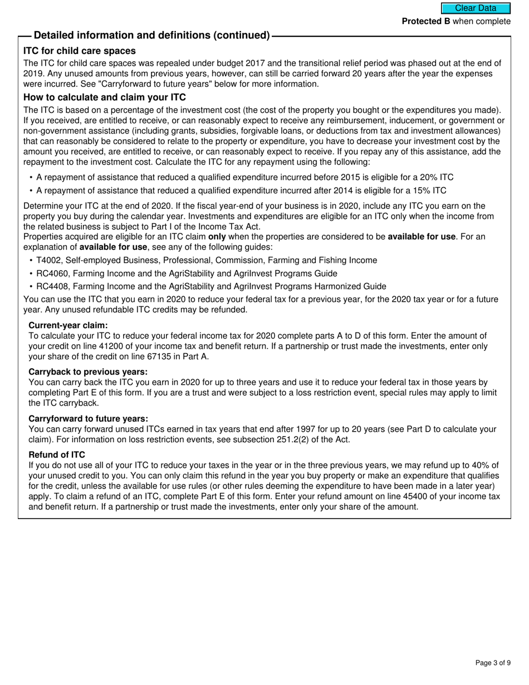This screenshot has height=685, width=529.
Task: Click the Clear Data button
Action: point(476,8)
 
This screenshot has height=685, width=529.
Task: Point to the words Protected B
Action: point(426,21)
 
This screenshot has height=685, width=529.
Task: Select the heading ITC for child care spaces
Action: point(80,51)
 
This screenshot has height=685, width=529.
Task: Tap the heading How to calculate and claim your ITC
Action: point(105,97)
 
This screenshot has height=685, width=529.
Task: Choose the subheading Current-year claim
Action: point(68,325)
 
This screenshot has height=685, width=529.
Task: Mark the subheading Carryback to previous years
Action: point(88,372)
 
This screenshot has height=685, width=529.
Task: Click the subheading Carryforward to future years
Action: point(89,419)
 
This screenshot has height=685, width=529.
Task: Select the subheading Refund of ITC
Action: point(57,455)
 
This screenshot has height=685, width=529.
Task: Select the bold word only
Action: point(217,237)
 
